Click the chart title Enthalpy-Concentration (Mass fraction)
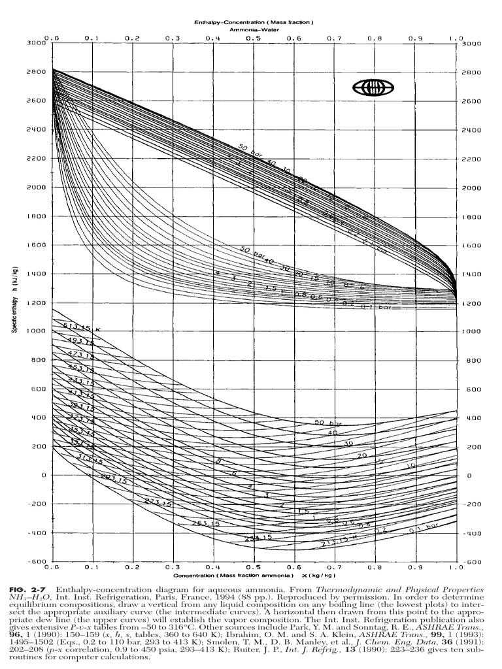tap(254, 23)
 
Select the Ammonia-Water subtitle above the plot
tap(254, 30)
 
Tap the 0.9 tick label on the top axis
tap(416, 38)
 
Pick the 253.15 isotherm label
tap(205, 523)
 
